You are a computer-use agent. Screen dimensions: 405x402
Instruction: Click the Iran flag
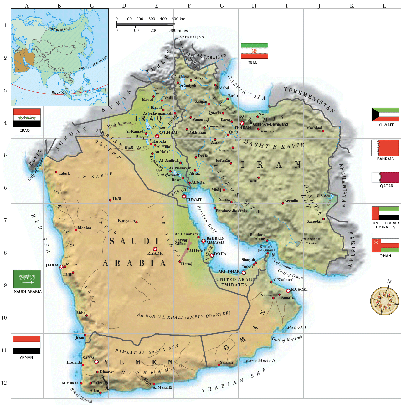254,51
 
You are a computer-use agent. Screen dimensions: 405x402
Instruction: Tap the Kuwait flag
385,115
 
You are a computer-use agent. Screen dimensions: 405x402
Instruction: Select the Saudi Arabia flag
27,279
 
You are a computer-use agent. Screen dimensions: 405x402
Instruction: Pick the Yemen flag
27,345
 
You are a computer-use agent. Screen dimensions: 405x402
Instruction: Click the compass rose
385,301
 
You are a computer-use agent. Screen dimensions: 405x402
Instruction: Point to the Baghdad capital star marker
157,136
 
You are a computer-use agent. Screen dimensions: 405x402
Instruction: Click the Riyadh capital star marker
155,249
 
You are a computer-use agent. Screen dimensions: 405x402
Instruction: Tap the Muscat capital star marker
288,291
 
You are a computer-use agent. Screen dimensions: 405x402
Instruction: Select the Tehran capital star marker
242,123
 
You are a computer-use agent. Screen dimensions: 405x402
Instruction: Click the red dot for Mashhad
323,131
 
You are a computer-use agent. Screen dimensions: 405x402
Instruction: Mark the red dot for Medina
76,230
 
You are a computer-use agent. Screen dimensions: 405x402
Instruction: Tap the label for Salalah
226,362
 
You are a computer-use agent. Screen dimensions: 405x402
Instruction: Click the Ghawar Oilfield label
181,242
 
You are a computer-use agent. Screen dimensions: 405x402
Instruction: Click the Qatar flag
385,177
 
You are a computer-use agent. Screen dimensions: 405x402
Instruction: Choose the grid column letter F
189,6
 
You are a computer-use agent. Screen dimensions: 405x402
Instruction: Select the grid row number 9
5,285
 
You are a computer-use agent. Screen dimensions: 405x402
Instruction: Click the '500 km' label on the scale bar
178,19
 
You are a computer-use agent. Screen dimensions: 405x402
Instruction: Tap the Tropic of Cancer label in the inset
93,63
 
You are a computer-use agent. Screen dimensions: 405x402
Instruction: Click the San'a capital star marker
96,362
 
